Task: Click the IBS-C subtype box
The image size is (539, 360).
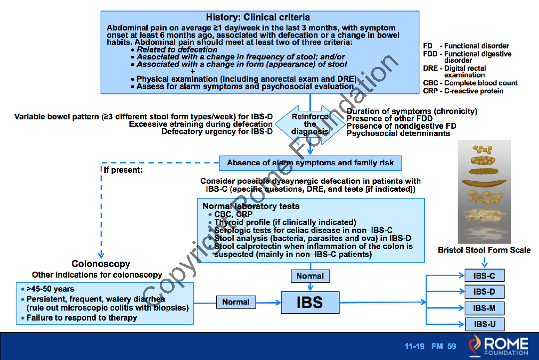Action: (484, 276)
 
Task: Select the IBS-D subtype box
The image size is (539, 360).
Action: (484, 292)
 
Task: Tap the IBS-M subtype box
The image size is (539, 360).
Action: (484, 308)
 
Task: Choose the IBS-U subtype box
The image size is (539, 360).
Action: (484, 324)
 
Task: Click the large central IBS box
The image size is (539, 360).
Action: (310, 302)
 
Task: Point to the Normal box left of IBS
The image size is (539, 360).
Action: (236, 302)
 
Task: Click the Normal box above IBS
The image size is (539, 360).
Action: (310, 276)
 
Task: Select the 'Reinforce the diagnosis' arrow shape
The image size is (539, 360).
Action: (310, 124)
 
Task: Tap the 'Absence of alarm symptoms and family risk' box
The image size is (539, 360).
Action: (310, 163)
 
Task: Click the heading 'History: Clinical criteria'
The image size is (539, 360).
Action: (258, 17)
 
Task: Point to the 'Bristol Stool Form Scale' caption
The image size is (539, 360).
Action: (484, 250)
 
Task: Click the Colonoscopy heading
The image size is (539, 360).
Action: (101, 264)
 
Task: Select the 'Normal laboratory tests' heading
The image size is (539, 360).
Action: (251, 206)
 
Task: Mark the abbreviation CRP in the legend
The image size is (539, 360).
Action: (430, 91)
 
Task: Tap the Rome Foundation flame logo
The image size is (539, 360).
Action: (475, 346)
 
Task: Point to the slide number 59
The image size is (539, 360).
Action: (452, 347)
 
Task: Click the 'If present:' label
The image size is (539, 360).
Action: (123, 170)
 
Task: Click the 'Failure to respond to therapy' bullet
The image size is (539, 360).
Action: (81, 318)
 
